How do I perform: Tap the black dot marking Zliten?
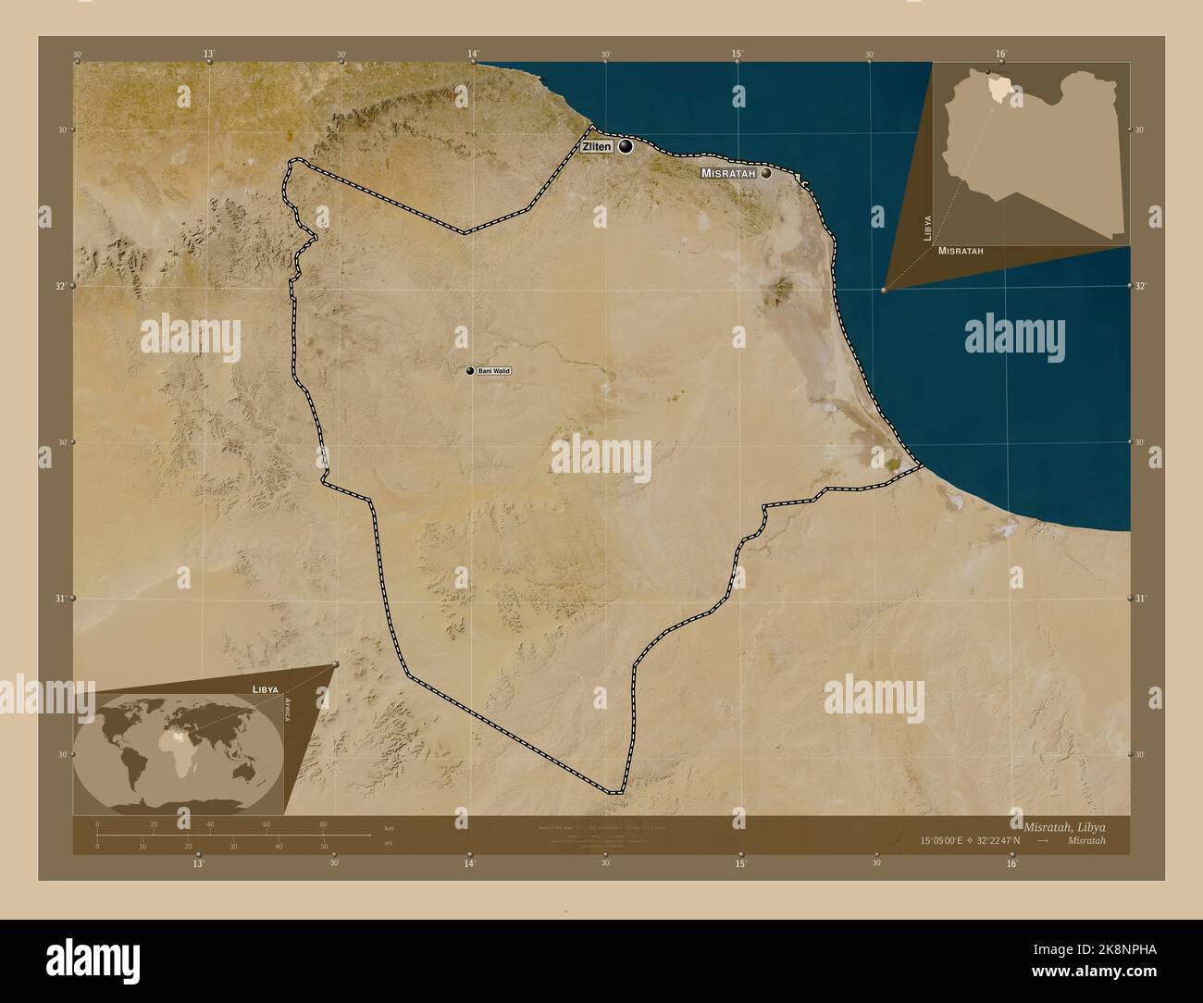click(626, 146)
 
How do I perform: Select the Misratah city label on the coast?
click(729, 173)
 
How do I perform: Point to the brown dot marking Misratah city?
click(765, 173)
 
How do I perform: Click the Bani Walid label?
click(494, 371)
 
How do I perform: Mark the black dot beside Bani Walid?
click(470, 371)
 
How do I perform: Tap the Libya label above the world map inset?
click(265, 690)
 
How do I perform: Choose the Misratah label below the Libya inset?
click(960, 251)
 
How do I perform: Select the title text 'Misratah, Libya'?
click(1063, 825)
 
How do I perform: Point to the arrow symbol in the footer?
click(1043, 840)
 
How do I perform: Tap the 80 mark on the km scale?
click(323, 824)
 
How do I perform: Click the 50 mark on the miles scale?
click(323, 846)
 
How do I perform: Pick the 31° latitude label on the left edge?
click(62, 599)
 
